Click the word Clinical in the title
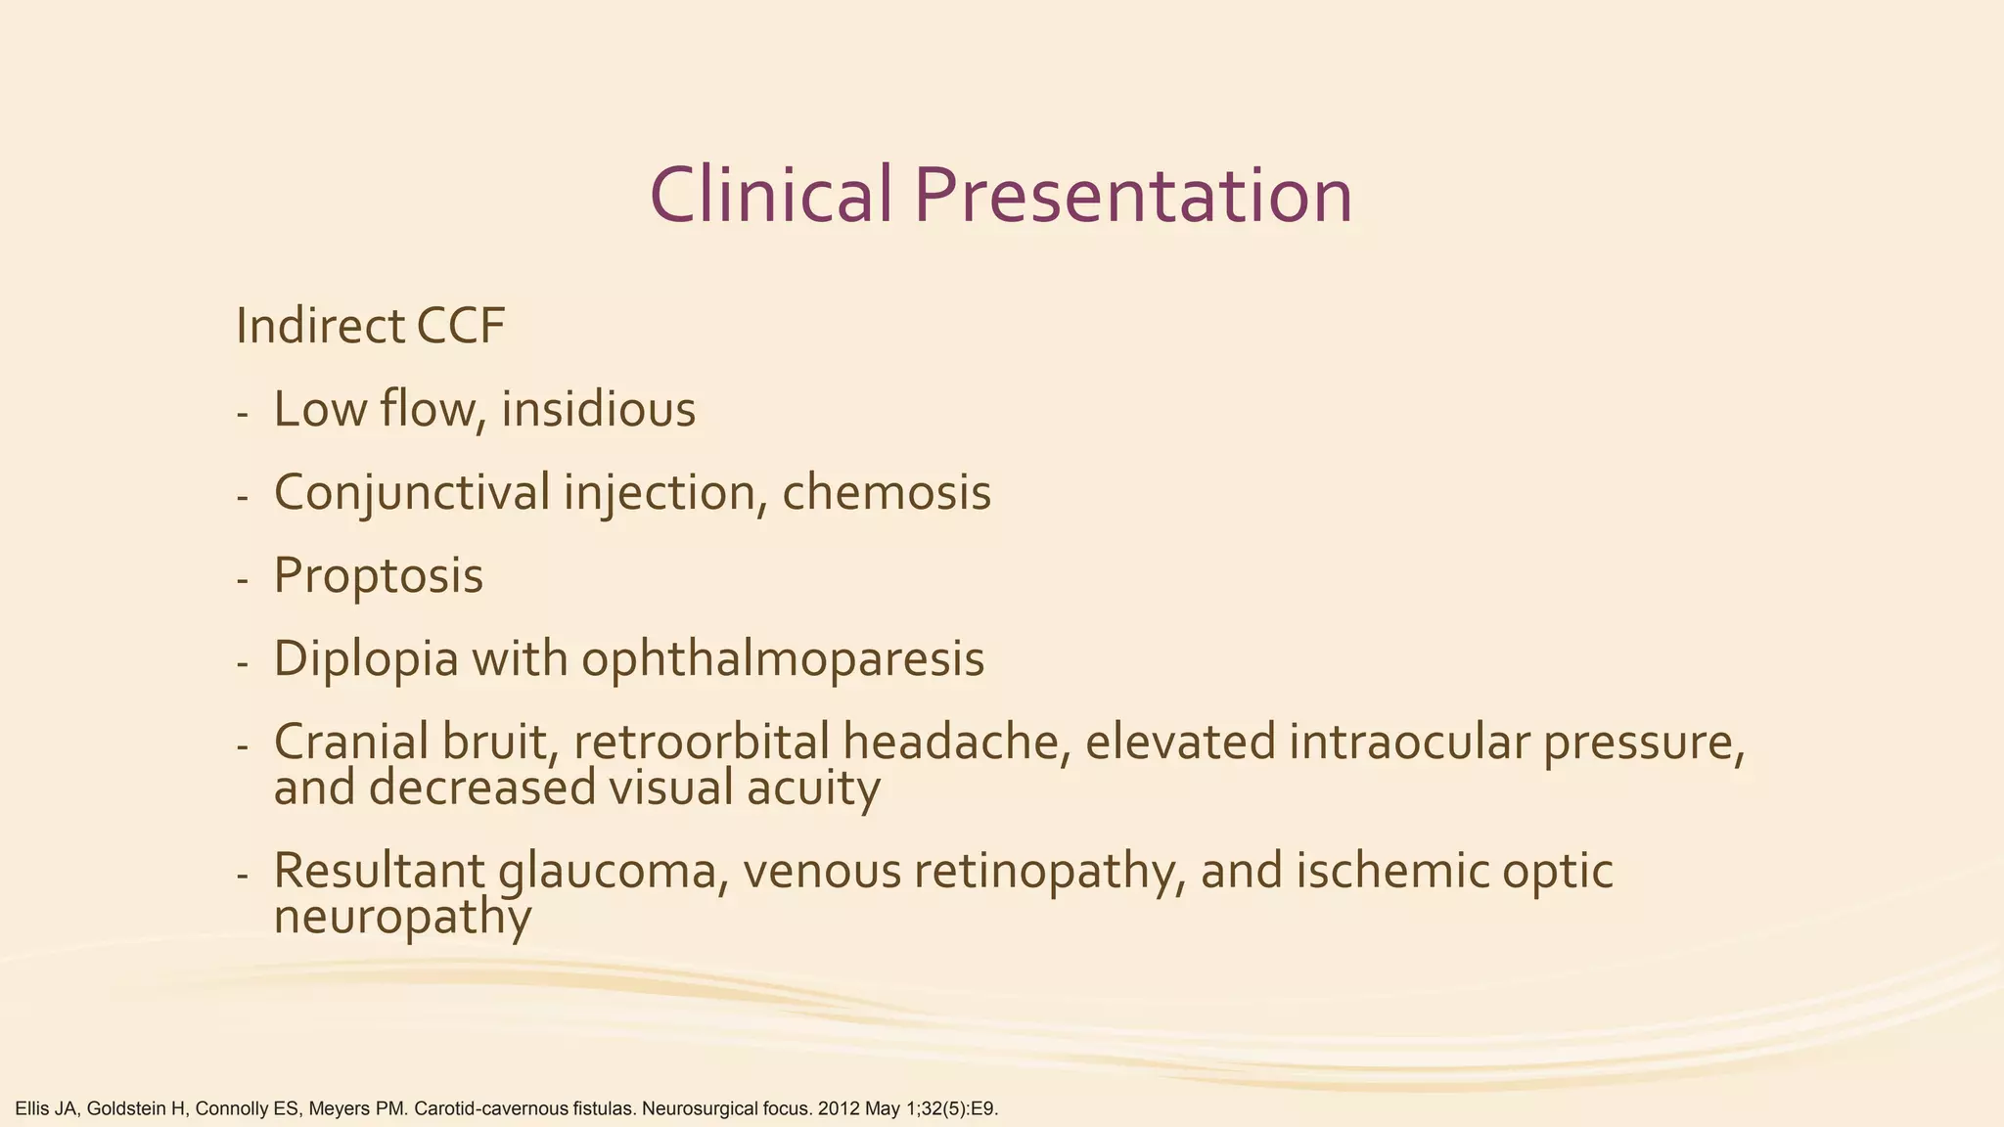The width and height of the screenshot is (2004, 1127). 771,195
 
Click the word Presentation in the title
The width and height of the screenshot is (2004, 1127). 1134,195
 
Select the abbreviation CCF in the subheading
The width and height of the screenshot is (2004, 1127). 461,327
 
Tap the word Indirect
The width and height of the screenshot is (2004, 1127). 321,327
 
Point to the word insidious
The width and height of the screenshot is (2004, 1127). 599,409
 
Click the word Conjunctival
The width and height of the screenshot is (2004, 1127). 412,492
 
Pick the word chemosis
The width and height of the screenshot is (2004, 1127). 887,492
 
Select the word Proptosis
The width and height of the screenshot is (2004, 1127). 379,575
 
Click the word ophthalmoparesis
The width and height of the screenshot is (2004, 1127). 783,658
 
